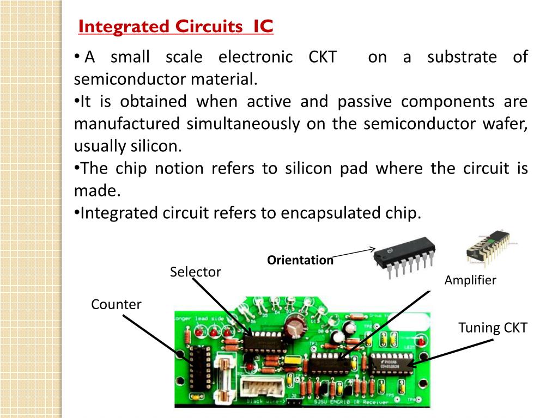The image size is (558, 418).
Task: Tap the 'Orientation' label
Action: tap(300, 260)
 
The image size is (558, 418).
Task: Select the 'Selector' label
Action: tap(195, 272)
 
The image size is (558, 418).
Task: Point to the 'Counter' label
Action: tap(116, 304)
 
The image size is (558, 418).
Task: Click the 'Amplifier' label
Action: tap(470, 280)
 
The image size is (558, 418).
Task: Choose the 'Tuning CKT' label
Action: tap(493, 328)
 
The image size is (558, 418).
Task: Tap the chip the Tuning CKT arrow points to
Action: tap(391, 363)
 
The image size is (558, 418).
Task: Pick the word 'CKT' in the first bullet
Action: tap(323, 57)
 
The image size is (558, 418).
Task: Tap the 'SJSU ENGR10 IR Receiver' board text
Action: tap(349, 403)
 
